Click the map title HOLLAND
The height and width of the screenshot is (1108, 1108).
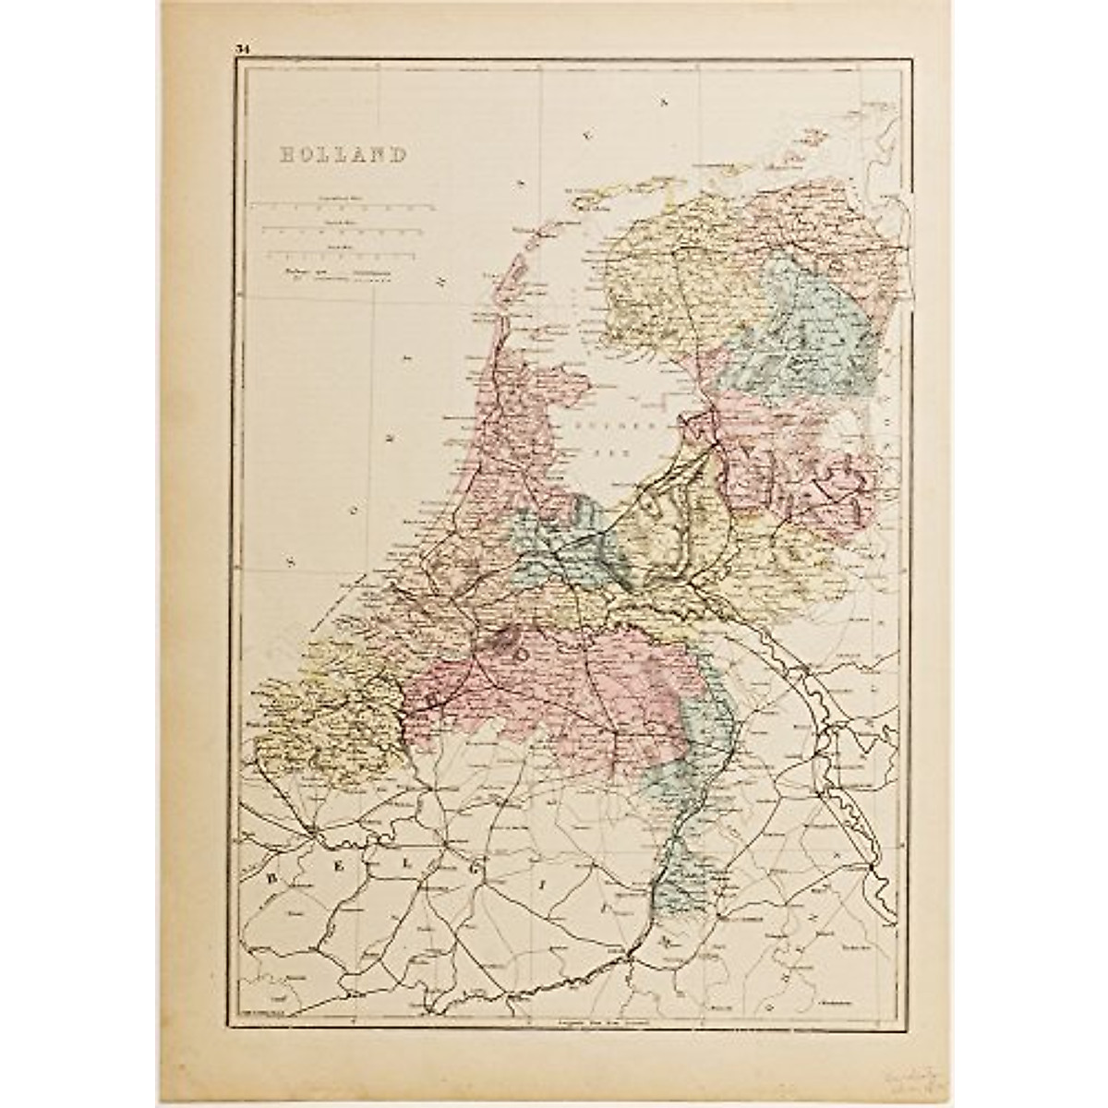pos(343,154)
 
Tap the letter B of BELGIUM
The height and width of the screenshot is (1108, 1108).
pos(273,878)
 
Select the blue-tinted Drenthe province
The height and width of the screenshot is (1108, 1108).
pos(813,342)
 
